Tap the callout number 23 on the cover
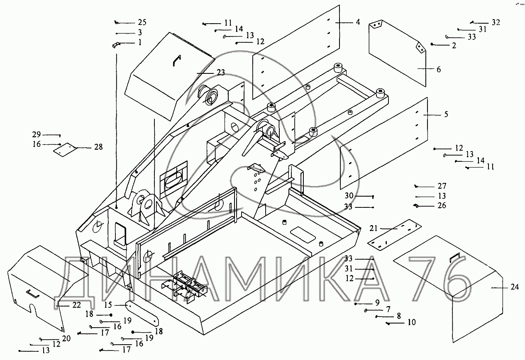[220, 73]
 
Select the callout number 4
[357, 22]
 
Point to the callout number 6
[438, 69]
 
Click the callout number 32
[496, 22]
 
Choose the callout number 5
[446, 114]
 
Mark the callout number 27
[442, 186]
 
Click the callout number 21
[374, 228]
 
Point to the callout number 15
[108, 305]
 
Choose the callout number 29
[37, 134]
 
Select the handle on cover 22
[32, 294]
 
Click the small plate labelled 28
[63, 149]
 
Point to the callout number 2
[454, 46]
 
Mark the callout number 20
[66, 338]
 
